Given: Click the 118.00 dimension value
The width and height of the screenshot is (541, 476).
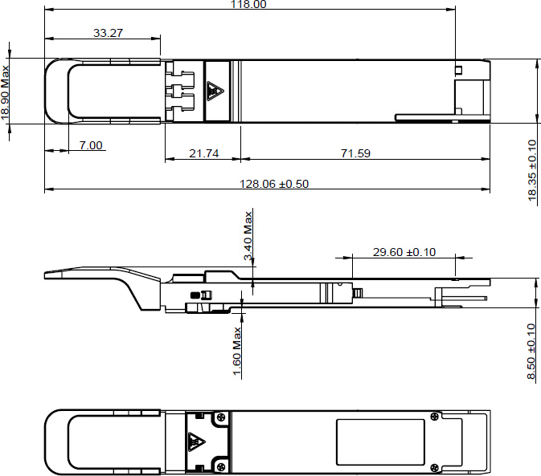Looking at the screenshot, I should [x=250, y=4].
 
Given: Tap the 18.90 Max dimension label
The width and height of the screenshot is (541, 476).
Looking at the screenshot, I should [x=6, y=92].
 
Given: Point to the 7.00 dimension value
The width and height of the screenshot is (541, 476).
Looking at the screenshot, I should [x=91, y=145].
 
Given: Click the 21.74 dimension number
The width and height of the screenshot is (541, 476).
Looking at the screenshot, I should [x=204, y=153].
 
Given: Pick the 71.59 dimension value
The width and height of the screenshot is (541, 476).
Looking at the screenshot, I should [x=355, y=153].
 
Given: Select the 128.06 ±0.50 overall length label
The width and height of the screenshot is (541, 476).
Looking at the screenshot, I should [x=275, y=184].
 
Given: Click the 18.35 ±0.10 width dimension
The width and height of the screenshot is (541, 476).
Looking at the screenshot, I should [x=532, y=172].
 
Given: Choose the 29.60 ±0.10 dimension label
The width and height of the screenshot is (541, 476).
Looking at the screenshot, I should [x=404, y=252].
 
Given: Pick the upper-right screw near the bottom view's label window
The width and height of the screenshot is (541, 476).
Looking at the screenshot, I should [x=435, y=417].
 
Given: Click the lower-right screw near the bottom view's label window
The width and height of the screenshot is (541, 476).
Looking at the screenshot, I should [x=435, y=466].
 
